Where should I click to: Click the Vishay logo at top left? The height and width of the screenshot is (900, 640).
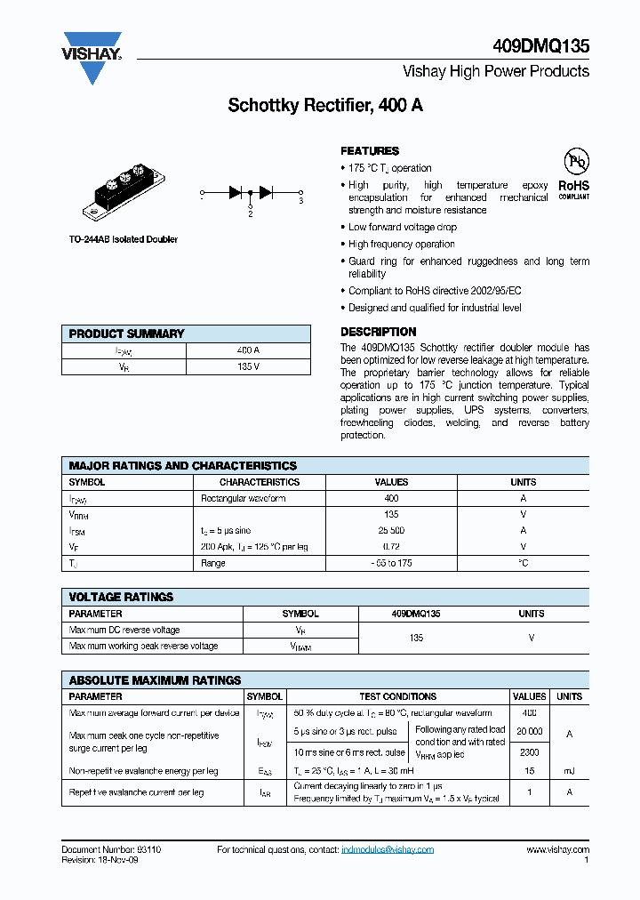click(91, 59)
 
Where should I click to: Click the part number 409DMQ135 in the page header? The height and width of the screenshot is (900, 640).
click(540, 47)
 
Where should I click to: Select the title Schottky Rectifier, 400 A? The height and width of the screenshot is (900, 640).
click(325, 105)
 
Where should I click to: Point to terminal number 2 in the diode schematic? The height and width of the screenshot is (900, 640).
click(250, 213)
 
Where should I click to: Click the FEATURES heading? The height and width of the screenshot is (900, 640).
click(370, 151)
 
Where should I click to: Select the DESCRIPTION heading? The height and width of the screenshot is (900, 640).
click(379, 332)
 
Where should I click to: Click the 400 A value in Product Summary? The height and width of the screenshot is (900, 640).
click(249, 350)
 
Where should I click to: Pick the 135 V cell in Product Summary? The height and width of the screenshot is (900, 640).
click(249, 366)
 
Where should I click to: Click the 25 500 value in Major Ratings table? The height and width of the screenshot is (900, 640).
click(391, 531)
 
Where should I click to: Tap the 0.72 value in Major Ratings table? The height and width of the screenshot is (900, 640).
click(391, 547)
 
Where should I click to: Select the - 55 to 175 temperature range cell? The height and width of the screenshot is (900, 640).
click(391, 563)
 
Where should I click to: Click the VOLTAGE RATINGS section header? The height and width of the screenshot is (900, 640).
click(121, 597)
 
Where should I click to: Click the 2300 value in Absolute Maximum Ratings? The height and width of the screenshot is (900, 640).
click(529, 753)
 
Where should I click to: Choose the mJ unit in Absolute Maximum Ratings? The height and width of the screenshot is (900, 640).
click(569, 771)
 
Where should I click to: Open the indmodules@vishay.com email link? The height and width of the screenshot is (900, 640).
click(388, 850)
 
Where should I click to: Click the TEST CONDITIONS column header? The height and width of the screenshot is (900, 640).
click(397, 696)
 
